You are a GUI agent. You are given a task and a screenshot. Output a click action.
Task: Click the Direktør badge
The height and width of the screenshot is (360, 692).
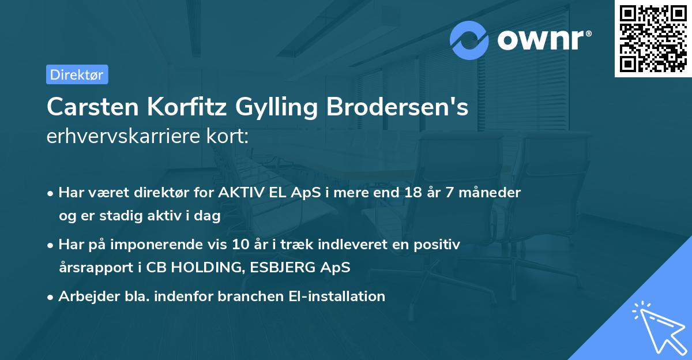[77, 74]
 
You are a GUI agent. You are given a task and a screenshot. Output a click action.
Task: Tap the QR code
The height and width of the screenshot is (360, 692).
[653, 39]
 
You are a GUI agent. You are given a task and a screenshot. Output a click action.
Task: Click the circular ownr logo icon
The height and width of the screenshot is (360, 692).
[469, 40]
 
